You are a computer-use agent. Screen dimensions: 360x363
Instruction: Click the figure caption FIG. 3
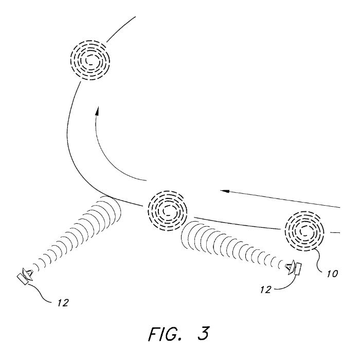pyautogui.click(x=178, y=333)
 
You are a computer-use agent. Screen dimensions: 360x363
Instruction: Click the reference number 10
pyautogui.click(x=333, y=274)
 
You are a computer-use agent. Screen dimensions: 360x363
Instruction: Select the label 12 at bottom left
pyautogui.click(x=63, y=303)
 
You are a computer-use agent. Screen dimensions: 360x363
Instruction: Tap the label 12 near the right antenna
pyautogui.click(x=265, y=289)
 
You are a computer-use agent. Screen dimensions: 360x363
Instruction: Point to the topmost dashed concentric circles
pyautogui.click(x=90, y=61)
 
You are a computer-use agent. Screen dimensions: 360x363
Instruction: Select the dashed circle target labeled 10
pyautogui.click(x=304, y=231)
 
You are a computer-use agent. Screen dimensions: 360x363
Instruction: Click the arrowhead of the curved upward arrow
pyautogui.click(x=98, y=111)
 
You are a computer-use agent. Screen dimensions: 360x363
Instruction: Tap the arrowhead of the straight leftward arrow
pyautogui.click(x=225, y=191)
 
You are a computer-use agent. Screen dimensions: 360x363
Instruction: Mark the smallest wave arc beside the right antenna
pyautogui.click(x=280, y=264)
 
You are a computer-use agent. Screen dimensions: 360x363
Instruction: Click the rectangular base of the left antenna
pyautogui.click(x=22, y=279)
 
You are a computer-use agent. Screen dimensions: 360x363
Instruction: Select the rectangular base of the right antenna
pyautogui.click(x=298, y=269)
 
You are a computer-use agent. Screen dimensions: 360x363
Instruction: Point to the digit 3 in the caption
pyautogui.click(x=204, y=333)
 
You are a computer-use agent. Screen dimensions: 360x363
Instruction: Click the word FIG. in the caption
pyautogui.click(x=165, y=334)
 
